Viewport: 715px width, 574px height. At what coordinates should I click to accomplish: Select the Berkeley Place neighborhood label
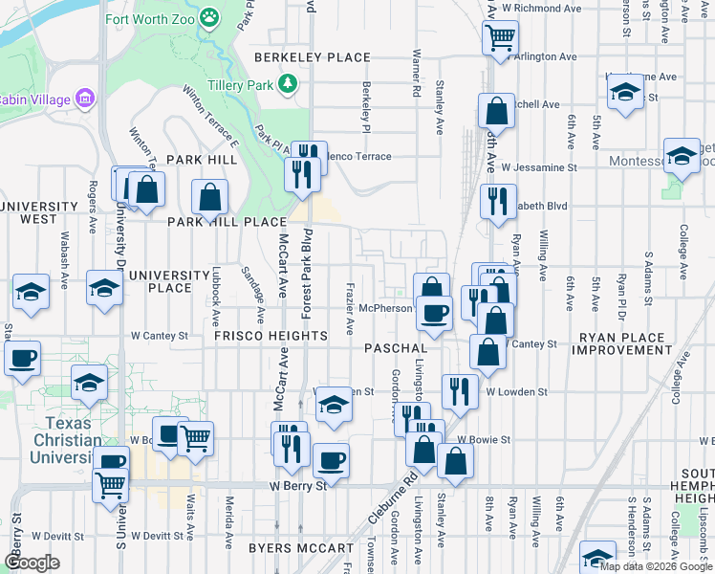coord(312,57)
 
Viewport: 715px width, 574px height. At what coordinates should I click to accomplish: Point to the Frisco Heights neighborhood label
coord(270,336)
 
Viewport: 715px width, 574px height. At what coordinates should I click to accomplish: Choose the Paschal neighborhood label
coord(394,347)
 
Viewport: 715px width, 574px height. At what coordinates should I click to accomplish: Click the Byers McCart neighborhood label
coord(289,548)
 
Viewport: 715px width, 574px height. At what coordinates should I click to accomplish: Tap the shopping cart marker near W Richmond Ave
coord(500,39)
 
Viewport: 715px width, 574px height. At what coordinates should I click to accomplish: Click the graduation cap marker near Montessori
coord(682,156)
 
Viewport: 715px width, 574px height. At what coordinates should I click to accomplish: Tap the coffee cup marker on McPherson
coord(434,313)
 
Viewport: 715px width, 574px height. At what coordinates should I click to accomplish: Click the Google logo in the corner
coord(31,563)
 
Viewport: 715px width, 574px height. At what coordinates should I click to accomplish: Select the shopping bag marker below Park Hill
coord(210,199)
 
